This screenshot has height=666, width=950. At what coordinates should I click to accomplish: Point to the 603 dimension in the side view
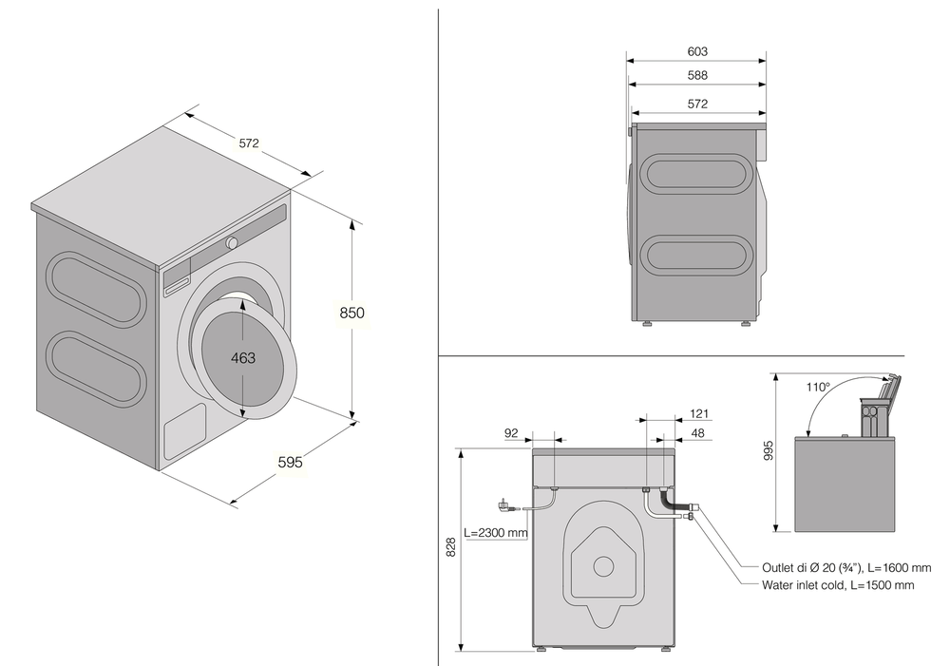696,51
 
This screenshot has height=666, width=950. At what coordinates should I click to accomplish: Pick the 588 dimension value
696,75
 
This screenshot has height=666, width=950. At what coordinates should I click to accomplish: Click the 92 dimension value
511,433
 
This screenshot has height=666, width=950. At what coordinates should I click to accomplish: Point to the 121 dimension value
699,414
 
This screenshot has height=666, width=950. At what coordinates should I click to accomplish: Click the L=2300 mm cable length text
495,532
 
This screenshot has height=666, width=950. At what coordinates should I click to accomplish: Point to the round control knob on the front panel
232,243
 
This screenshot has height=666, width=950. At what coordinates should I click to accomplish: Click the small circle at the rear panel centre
603,565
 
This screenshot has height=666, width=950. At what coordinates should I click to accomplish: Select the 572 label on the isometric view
249,143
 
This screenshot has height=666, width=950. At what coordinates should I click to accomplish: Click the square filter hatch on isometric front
184,433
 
